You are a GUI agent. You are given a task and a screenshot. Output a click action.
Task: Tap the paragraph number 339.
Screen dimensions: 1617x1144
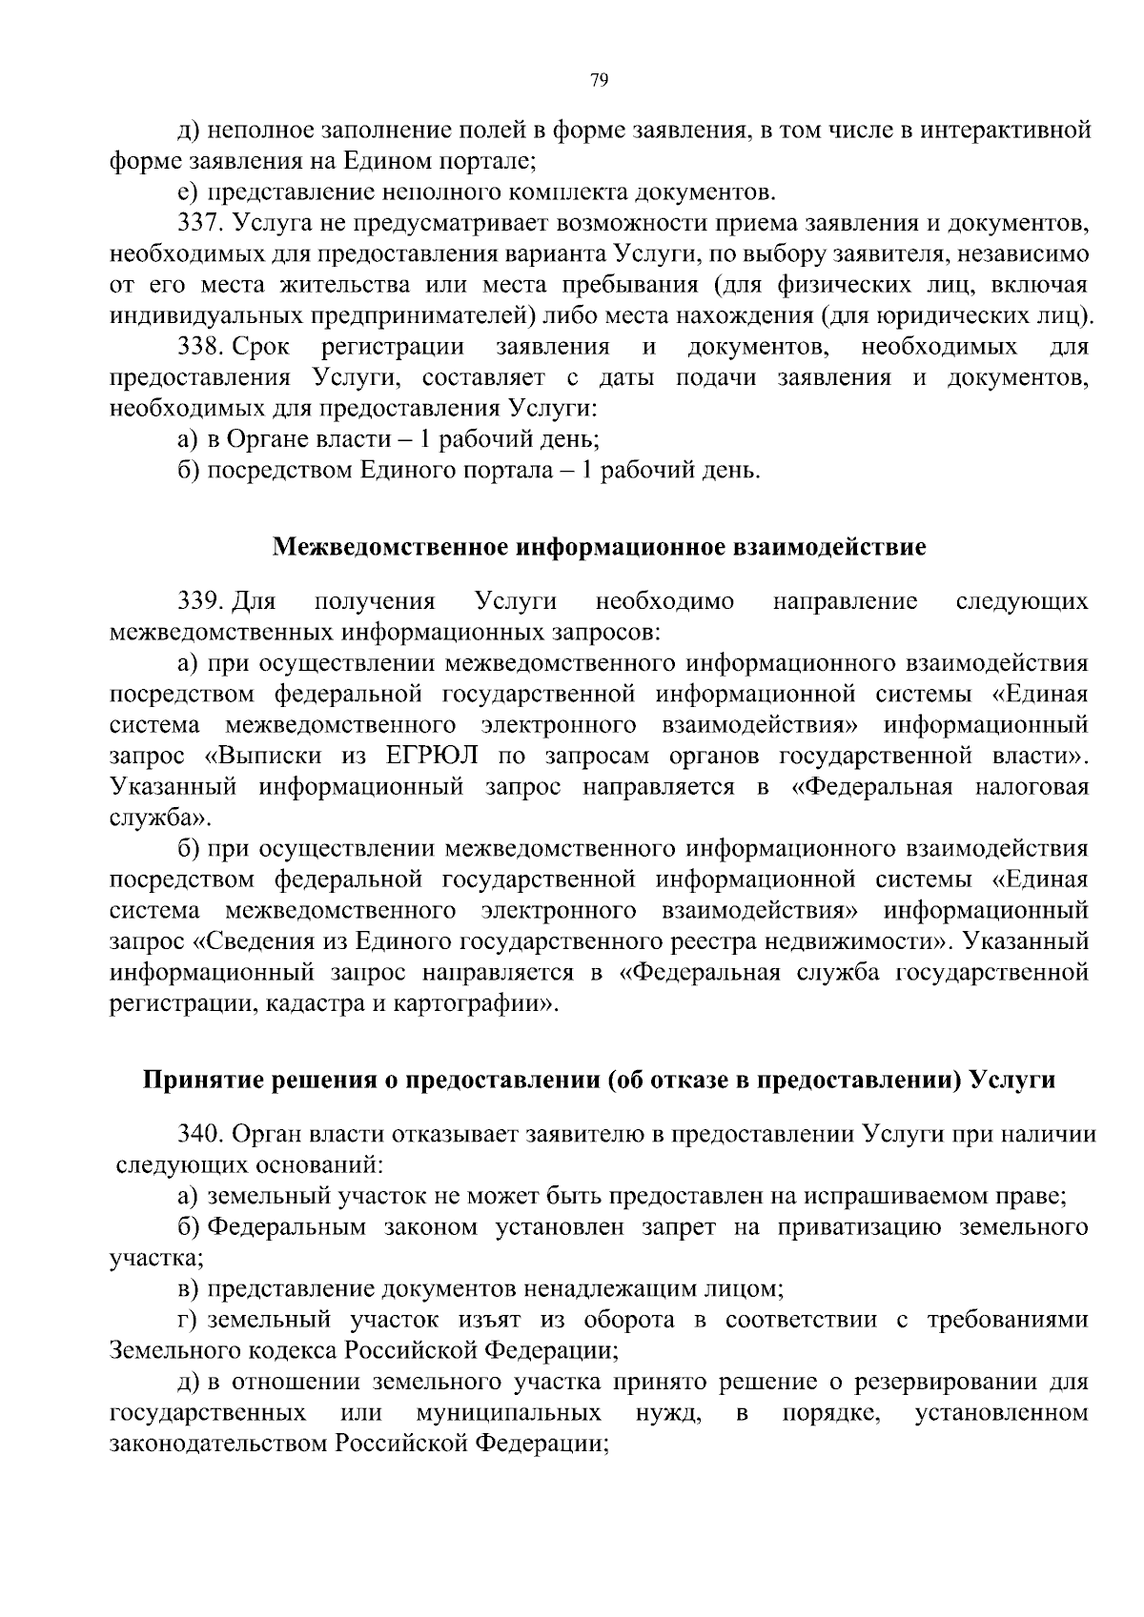point(200,601)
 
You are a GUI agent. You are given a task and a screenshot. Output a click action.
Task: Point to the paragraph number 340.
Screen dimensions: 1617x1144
point(200,1134)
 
